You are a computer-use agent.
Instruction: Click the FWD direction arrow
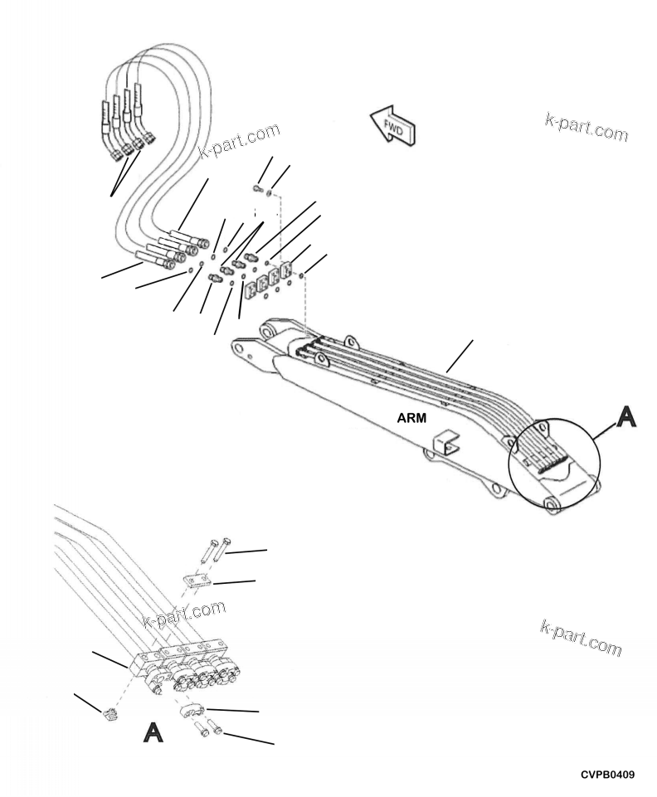point(392,124)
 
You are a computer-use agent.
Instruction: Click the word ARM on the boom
point(411,419)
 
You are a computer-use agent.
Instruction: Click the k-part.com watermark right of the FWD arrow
point(586,125)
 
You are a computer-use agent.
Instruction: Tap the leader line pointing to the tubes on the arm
point(460,354)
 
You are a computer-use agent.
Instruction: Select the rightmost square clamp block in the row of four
point(286,273)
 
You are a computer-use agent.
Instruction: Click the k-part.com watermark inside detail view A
point(184,615)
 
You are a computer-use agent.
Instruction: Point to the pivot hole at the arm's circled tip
point(547,501)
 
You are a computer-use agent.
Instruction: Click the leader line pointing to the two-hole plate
point(234,582)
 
